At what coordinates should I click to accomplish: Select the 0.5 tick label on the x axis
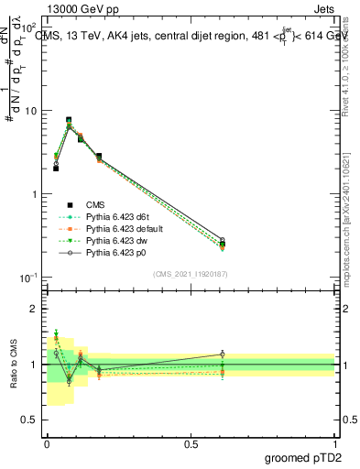[x=191, y=443]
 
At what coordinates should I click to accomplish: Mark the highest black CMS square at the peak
[x=69, y=120]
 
